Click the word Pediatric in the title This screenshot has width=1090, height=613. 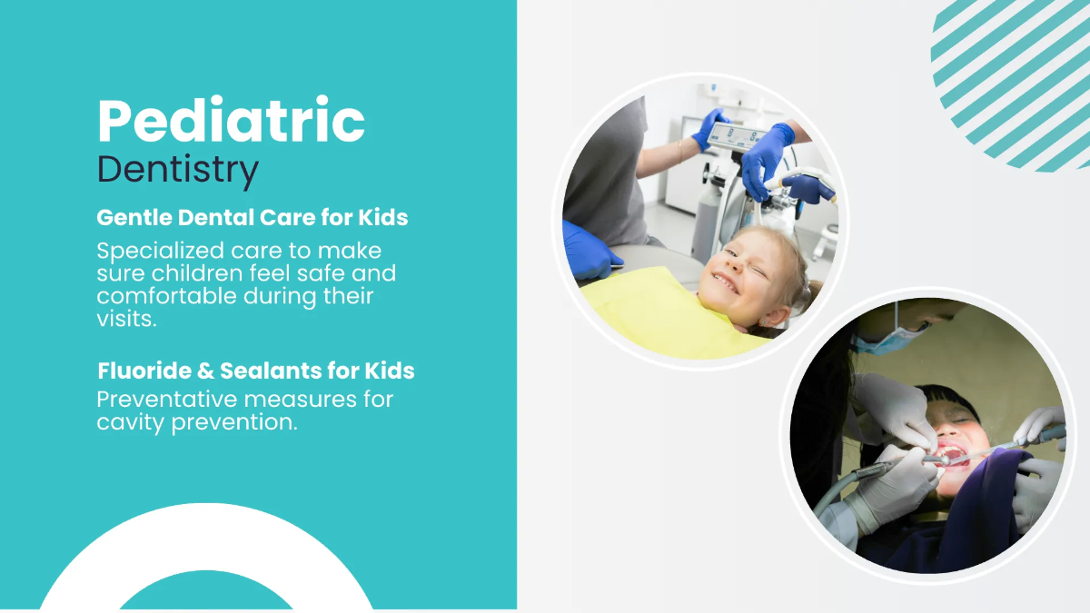[x=231, y=121]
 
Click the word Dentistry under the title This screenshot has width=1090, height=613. [x=177, y=170]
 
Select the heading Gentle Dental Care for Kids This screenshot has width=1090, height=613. [x=252, y=218]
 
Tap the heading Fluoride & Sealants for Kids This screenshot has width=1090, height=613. [x=255, y=371]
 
